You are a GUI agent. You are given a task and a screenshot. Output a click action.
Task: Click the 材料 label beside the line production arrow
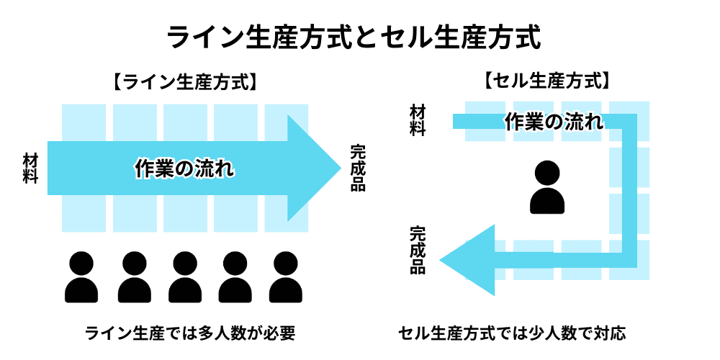click(x=31, y=168)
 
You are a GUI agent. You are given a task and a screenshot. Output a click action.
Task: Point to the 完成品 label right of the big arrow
click(x=358, y=168)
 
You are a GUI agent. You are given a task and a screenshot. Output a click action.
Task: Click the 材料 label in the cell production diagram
click(x=418, y=120)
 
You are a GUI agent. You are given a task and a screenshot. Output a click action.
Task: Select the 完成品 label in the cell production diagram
click(x=418, y=250)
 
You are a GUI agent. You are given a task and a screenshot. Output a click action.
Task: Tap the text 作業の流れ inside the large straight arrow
click(x=185, y=168)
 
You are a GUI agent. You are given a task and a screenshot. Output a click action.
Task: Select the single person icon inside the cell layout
click(x=548, y=187)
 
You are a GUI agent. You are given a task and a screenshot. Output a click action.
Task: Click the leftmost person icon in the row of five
click(x=81, y=277)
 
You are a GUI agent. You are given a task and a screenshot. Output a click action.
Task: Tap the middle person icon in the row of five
click(x=183, y=277)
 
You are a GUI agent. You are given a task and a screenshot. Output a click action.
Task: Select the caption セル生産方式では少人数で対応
click(x=512, y=333)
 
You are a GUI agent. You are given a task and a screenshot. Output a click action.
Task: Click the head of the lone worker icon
click(x=548, y=173)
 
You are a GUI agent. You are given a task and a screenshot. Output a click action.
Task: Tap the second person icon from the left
click(x=132, y=277)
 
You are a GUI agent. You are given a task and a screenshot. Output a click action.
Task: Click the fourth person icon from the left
click(x=234, y=277)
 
